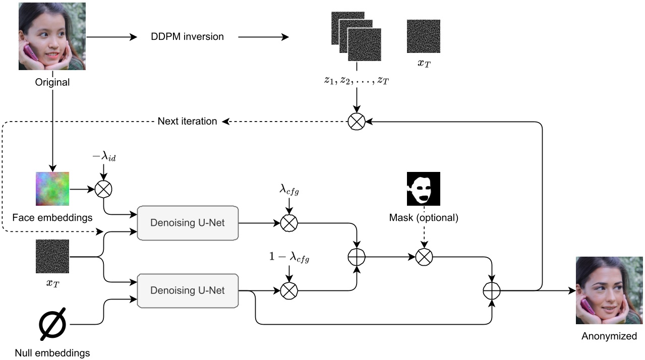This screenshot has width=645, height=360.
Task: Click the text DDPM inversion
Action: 187,37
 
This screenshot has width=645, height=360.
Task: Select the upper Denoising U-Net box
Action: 188,223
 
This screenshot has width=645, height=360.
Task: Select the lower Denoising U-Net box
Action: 188,290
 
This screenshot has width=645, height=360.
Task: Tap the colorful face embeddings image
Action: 52,189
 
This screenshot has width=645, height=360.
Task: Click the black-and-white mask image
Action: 424,189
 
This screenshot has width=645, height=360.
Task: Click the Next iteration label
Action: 187,121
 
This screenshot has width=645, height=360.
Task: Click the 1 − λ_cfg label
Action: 289,259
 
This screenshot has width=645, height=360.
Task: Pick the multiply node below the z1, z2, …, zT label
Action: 357,122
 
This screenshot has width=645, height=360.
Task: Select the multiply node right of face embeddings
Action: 103,189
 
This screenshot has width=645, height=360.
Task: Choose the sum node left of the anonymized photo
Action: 491,290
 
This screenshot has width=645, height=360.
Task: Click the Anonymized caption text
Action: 609,336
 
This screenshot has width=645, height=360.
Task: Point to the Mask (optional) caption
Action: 423,218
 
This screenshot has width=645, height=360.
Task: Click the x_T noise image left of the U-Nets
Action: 52,256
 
